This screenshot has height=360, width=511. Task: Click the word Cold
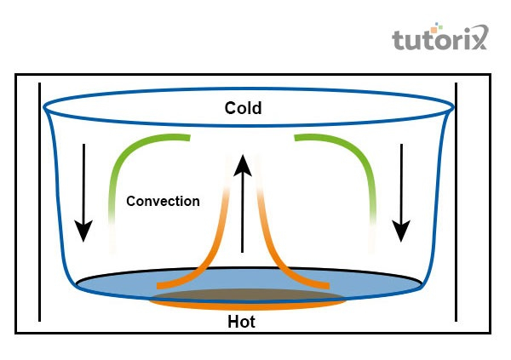(x=243, y=108)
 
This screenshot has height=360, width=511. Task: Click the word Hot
(x=241, y=323)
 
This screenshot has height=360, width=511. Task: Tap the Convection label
(x=163, y=202)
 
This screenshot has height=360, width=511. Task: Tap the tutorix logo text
(x=439, y=41)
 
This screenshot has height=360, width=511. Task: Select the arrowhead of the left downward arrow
(x=83, y=230)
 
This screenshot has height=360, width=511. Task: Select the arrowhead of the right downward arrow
(x=401, y=230)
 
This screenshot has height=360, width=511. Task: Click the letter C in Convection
(x=131, y=202)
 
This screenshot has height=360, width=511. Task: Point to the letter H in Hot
(x=233, y=323)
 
